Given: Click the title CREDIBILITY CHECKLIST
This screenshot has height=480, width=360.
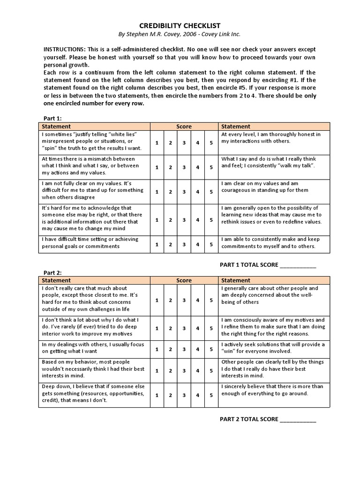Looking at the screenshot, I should tap(180, 26).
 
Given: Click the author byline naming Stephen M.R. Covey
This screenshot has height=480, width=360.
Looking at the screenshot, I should tap(180, 35).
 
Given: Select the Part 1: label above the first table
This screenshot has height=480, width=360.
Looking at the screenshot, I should tap(52, 119).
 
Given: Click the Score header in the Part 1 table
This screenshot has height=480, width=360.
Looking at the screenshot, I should tap(184, 127).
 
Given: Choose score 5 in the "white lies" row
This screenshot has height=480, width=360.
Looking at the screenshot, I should tap(211, 142).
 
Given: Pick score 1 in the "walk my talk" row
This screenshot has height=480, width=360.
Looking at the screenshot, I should tap(157, 167).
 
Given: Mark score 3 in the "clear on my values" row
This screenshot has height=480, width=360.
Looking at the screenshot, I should tap(184, 192).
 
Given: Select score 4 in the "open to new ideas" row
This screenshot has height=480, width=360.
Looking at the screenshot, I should tap(198, 219).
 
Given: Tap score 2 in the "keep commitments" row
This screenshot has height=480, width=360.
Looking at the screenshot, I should tap(171, 244).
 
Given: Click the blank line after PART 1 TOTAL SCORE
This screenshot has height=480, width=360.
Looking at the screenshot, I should tap(298, 265).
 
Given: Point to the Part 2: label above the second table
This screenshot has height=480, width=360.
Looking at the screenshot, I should tap(52, 272).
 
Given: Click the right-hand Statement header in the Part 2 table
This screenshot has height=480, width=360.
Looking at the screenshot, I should tap(236, 280).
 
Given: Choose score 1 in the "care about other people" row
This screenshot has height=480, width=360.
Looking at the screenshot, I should tap(157, 300).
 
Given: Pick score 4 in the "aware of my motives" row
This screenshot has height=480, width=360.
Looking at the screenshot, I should tap(198, 328).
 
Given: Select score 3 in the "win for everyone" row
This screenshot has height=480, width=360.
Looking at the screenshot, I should tap(184, 349).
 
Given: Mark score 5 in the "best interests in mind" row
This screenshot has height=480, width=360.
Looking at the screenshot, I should tap(211, 370).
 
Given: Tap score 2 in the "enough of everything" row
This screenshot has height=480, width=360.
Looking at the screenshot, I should tap(171, 395).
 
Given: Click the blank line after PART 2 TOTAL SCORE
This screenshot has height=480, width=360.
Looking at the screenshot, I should tap(298, 420).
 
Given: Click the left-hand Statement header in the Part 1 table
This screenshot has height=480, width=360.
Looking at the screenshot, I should tap(56, 127).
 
